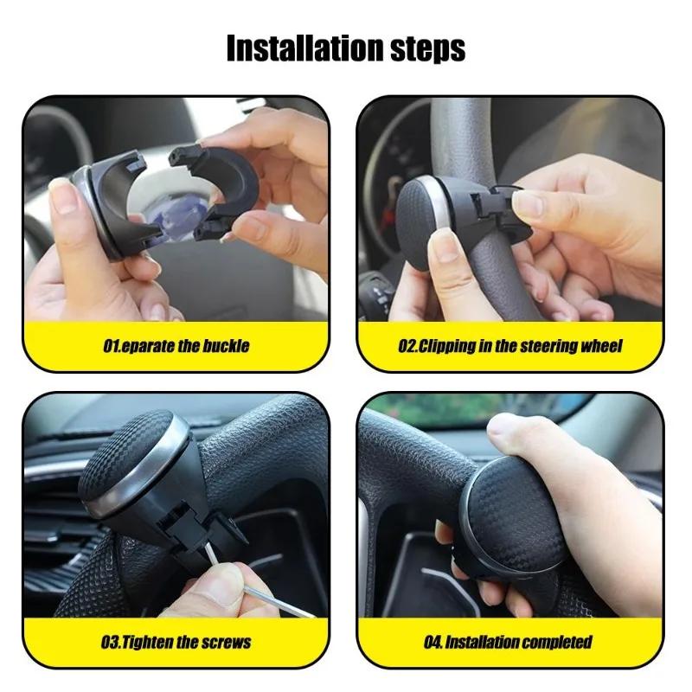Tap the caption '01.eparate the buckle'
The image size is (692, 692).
click(x=176, y=346)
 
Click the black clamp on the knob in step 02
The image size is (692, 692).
click(x=493, y=212)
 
